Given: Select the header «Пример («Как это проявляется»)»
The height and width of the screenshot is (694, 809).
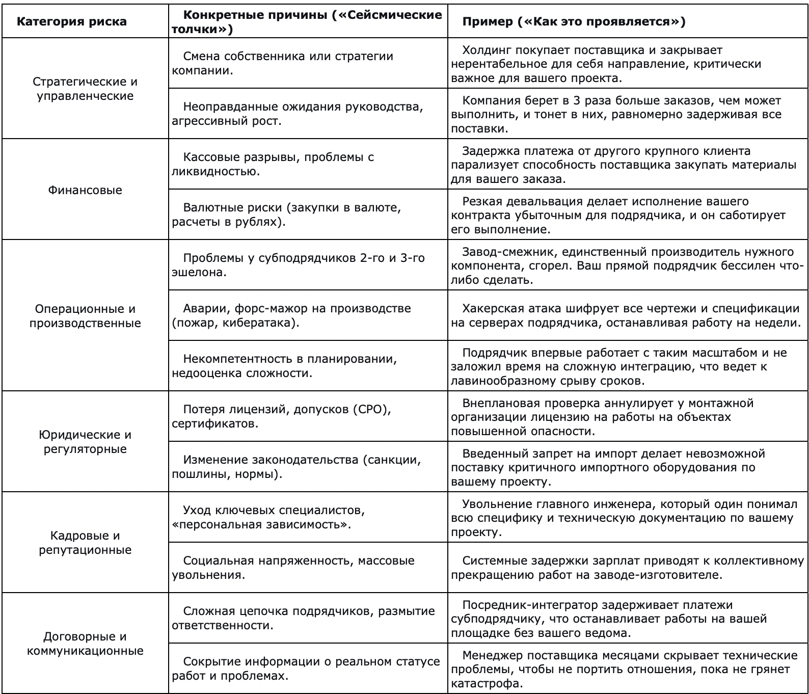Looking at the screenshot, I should [x=573, y=22].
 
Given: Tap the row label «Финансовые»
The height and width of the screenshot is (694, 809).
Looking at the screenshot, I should [x=85, y=190].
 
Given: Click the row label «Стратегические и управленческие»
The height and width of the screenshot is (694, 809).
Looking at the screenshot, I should [x=85, y=89].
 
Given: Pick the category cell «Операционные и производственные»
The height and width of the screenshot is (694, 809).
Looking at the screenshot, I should [x=85, y=316].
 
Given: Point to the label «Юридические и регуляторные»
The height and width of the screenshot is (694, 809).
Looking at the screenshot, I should [x=85, y=442].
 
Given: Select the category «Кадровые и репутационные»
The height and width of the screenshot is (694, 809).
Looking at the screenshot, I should [x=85, y=543].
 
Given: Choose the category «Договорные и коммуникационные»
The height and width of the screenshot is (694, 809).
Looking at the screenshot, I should [x=85, y=644].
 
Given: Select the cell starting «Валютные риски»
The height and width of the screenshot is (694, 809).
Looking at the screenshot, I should [x=286, y=215].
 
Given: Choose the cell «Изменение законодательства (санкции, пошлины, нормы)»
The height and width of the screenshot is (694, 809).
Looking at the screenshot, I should [x=302, y=467].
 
